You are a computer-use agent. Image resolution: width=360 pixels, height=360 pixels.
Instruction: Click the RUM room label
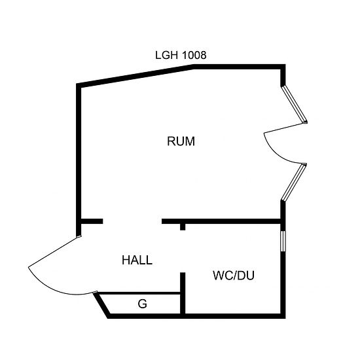coord(181,141)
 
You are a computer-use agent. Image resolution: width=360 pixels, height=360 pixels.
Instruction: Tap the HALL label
coord(137,260)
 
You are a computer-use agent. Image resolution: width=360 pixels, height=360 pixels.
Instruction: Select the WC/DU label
coord(234,276)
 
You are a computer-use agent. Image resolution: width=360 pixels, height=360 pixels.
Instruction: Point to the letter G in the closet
coord(142,304)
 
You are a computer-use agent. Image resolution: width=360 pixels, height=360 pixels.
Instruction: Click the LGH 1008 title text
coord(181,55)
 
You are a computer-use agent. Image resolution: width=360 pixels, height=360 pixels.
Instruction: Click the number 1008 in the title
coord(194,55)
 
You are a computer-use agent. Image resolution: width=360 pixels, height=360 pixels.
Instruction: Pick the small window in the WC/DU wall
coord(283,241)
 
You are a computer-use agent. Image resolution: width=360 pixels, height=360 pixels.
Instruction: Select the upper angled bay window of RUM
coord(295,105)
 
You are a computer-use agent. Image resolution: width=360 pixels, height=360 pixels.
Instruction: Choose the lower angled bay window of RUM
coord(294,183)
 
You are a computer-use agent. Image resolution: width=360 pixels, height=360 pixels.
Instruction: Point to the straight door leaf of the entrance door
coord(54,252)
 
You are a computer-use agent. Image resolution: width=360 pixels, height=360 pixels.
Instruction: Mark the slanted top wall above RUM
coord(135,76)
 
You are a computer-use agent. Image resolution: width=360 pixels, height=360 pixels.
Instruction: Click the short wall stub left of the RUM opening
coord(92,221)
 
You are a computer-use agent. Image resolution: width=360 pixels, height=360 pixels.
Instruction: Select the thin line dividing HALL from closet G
coord(139,293)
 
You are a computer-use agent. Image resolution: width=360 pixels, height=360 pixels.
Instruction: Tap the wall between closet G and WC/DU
coord(183,293)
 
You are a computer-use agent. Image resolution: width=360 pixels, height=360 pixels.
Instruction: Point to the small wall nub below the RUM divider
coord(183,227)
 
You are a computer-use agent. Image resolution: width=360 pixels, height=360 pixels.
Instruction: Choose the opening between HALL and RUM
coord(132,221)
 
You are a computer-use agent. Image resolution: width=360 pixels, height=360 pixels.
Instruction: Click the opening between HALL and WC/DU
coord(183,251)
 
